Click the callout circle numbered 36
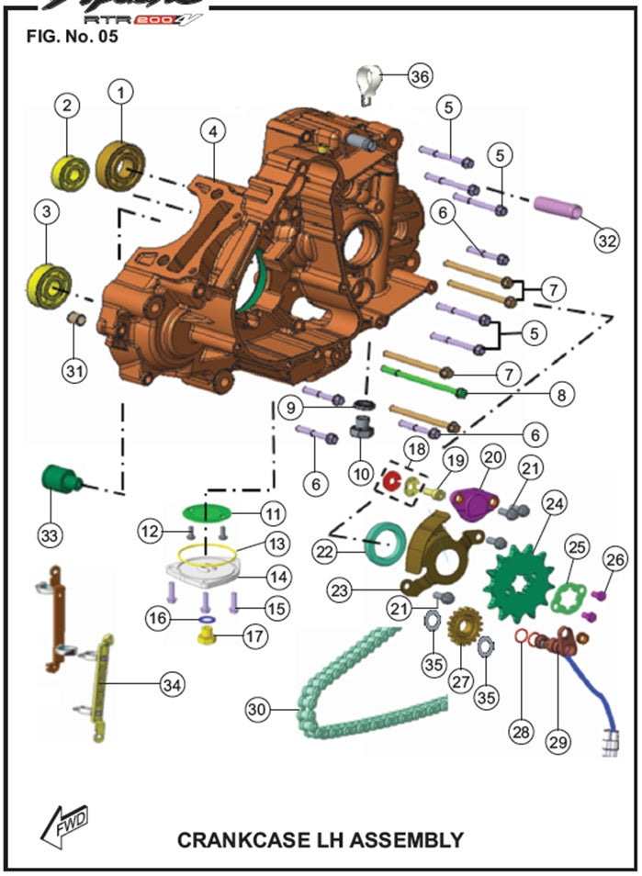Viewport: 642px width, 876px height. pos(420,76)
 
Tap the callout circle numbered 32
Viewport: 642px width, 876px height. pos(604,241)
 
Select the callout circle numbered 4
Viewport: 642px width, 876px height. pos(212,132)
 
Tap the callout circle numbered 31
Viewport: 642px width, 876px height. pos(74,370)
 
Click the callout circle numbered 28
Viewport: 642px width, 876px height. pos(523,731)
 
